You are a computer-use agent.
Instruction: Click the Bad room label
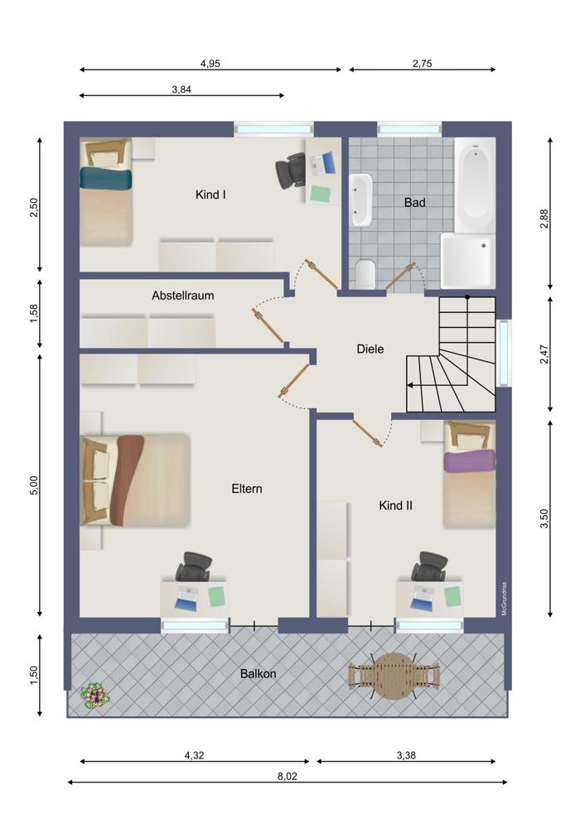coord(414,202)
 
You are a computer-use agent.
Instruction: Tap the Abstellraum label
coord(183,296)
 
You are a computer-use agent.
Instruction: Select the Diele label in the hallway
coord(370,349)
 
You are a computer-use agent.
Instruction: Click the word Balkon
coord(258,674)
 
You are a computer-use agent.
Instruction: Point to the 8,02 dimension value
coord(287,777)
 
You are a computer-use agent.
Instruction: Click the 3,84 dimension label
coord(181,89)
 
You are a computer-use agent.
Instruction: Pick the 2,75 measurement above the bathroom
coord(423,64)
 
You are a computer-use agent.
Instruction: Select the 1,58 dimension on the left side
coord(34,314)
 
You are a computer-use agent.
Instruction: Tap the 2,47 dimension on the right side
coord(544,354)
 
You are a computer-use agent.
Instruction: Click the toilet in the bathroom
coord(365,273)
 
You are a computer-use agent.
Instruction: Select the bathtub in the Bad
coord(475,185)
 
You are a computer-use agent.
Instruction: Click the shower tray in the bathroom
coord(467,261)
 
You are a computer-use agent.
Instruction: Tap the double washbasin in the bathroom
coord(361,200)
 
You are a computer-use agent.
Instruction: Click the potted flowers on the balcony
coord(95,696)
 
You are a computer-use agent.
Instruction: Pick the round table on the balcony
coord(394,676)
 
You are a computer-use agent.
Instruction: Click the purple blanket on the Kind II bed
coord(470,461)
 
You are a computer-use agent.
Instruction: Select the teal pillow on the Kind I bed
coord(105,178)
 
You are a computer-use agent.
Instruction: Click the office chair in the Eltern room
coord(193,567)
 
